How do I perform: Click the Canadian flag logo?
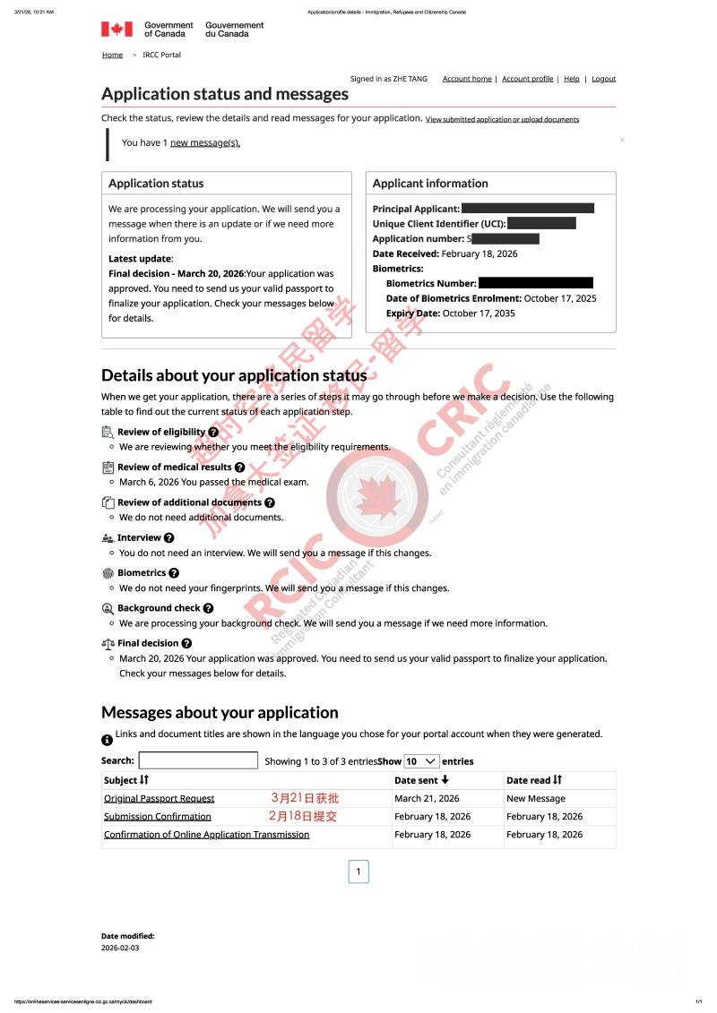click(117, 29)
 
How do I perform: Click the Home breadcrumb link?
click(112, 55)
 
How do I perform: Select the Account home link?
click(467, 79)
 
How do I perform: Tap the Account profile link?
click(527, 79)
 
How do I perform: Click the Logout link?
click(603, 79)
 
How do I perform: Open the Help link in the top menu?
click(571, 79)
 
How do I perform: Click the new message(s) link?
click(205, 142)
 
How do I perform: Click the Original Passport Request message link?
click(159, 798)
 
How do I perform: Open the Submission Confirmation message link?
click(157, 816)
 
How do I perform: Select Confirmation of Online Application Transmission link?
click(206, 834)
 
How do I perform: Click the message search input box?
click(198, 760)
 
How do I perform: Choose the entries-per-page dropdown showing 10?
click(421, 760)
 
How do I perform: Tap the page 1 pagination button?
click(358, 871)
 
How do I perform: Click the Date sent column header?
click(421, 780)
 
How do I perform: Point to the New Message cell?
click(536, 798)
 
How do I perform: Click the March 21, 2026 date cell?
click(427, 798)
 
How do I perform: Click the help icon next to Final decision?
click(186, 643)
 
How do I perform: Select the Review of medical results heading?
click(174, 467)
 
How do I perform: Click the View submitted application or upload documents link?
click(502, 119)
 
